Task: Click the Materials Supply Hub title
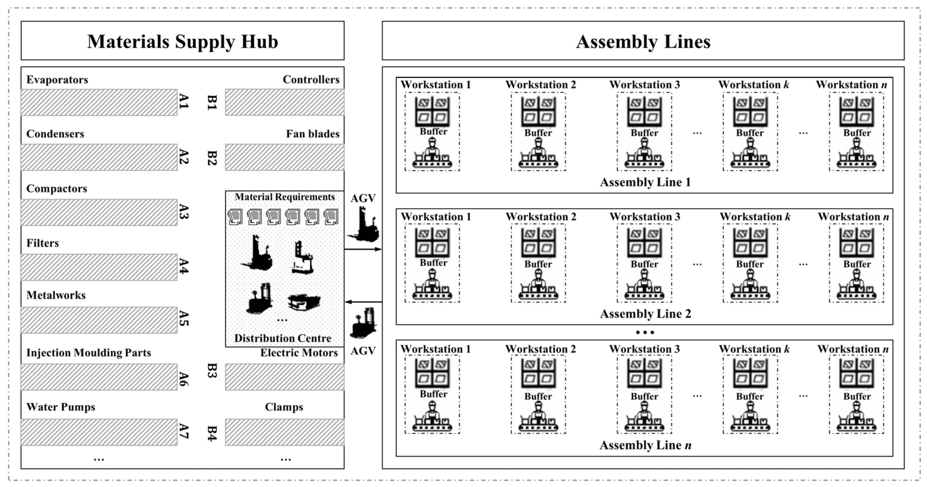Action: coord(182,41)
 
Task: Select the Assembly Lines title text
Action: coord(643,41)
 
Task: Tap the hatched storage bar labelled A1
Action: coord(99,102)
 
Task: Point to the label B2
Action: coord(212,158)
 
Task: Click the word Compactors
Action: coord(57,188)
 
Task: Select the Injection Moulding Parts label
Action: coord(88,353)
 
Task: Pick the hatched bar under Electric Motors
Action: coord(284,377)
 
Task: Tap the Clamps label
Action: coord(284,407)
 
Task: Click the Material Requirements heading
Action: coord(284,197)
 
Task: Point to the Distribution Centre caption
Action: coord(283,338)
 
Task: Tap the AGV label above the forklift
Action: coord(363,198)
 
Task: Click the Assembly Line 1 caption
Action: coord(645,182)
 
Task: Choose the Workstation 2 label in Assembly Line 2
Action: coord(540,217)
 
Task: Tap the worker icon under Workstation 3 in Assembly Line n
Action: coord(644,417)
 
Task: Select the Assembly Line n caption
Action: coord(645,445)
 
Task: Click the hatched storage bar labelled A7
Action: coord(99,432)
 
